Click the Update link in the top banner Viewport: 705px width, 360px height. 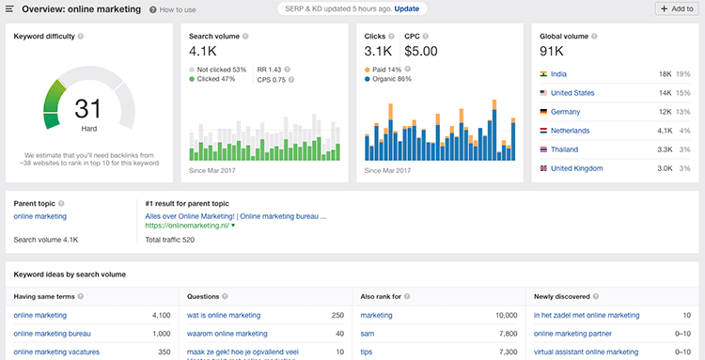point(407,8)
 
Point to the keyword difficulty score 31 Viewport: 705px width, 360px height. point(87,109)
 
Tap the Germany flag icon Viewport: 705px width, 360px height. point(544,112)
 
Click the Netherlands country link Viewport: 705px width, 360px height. point(571,131)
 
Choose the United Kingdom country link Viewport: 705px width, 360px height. point(577,168)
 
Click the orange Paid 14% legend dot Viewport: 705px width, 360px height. point(367,70)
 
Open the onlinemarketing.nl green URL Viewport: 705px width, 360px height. point(187,226)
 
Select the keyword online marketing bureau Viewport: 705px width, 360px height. point(52,334)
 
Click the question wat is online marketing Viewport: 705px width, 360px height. point(224,315)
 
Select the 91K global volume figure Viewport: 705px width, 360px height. point(552,51)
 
